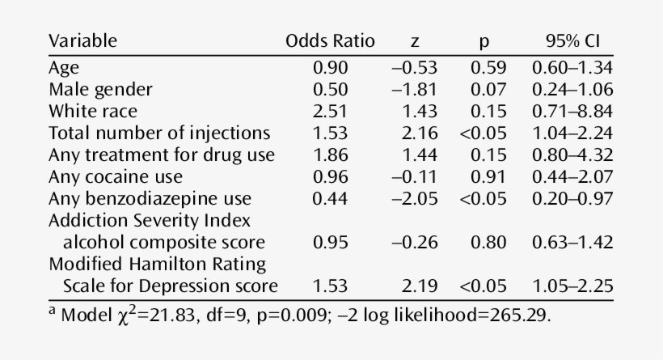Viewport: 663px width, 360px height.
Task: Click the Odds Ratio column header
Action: [330, 41]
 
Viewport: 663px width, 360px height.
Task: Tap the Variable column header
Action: [82, 41]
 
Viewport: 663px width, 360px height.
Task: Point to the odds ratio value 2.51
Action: [330, 111]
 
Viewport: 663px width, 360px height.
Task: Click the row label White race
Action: [93, 111]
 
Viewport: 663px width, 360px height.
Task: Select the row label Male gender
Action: [100, 89]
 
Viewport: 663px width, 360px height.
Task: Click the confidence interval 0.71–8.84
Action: [572, 111]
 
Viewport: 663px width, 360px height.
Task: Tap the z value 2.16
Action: [420, 133]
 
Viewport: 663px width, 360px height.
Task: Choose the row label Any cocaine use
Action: [116, 176]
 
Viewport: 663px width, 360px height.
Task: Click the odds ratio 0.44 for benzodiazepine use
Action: [330, 198]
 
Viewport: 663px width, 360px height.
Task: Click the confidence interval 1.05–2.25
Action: [572, 286]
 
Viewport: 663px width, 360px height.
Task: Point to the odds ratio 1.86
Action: [330, 155]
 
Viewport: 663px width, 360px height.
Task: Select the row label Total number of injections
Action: [159, 133]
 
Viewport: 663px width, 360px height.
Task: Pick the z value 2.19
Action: [420, 286]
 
